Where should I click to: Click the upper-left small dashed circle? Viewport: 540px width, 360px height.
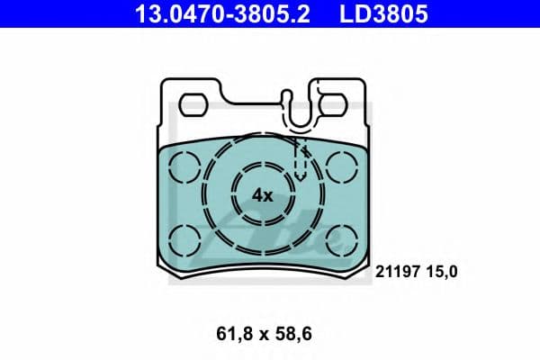pos(185,166)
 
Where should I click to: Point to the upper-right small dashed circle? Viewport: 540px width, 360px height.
pos(342,166)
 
